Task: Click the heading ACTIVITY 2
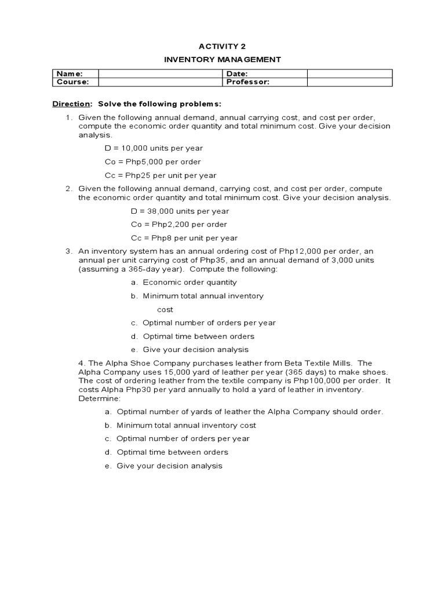[x=222, y=46]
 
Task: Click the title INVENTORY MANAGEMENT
[x=222, y=59]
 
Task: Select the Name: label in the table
[x=69, y=74]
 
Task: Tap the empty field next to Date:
[x=349, y=74]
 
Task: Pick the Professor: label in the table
[x=248, y=82]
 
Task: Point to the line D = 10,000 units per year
[x=154, y=148]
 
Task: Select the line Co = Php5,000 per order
[x=152, y=162]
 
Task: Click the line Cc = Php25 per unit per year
[x=161, y=175]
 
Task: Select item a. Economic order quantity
[x=184, y=283]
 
